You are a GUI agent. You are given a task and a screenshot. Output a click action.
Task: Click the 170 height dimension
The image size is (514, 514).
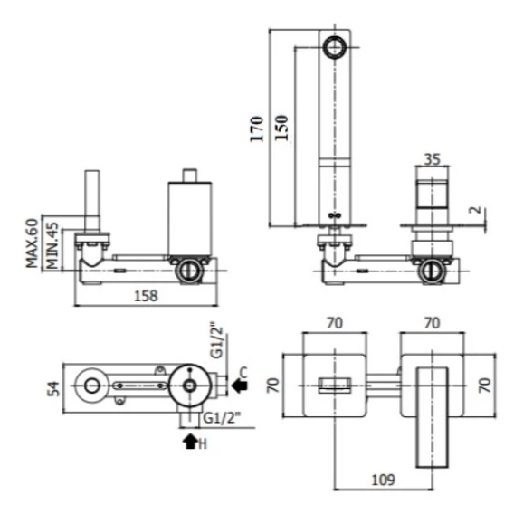click(257, 128)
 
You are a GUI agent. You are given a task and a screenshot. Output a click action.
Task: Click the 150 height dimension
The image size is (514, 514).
click(281, 128)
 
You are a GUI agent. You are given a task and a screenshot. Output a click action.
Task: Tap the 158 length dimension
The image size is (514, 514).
click(147, 296)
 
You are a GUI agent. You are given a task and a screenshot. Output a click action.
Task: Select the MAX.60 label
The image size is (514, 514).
click(33, 243)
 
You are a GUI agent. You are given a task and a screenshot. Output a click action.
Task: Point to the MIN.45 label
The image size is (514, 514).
click(52, 246)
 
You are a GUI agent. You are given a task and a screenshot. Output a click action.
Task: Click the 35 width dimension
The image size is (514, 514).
click(432, 159)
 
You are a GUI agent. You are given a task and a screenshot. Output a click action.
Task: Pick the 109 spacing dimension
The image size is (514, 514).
click(384, 480)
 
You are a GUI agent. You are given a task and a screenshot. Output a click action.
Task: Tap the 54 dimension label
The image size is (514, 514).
click(54, 388)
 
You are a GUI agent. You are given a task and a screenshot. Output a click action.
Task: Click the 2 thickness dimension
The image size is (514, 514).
click(475, 210)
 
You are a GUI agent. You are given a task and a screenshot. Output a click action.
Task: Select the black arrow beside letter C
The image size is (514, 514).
click(240, 385)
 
